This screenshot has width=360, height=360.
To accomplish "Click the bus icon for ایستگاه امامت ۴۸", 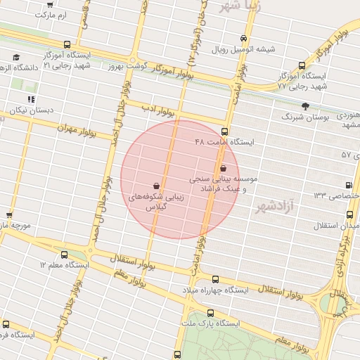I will pyautogui.click(x=224, y=131).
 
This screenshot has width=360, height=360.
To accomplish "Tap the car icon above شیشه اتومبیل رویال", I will pyautogui.click(x=243, y=39).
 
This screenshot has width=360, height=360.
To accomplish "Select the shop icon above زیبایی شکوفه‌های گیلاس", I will pyautogui.click(x=155, y=186).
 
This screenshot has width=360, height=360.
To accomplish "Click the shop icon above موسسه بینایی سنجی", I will pyautogui.click(x=224, y=168).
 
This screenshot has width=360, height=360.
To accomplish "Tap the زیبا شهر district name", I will pyautogui.click(x=240, y=6).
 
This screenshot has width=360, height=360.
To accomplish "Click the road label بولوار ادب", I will pyautogui.click(x=157, y=110).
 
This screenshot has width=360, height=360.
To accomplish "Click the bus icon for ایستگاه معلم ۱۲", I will pyautogui.click(x=65, y=255).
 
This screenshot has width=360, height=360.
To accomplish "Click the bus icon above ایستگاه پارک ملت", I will pyautogui.click(x=211, y=313).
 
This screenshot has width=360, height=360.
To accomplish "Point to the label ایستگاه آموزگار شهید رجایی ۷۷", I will pyautogui.click(x=302, y=80).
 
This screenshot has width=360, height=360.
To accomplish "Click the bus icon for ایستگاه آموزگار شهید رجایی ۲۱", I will pyautogui.click(x=66, y=44).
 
